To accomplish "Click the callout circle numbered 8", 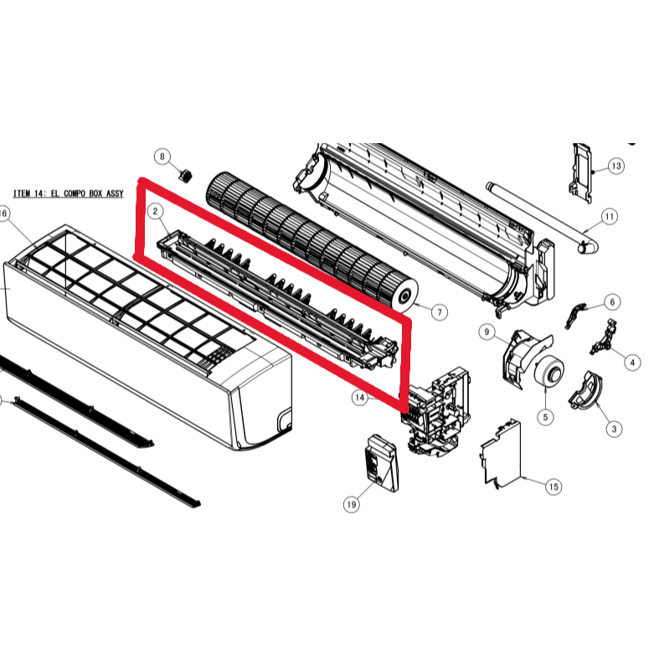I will click(x=162, y=157).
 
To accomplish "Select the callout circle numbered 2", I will click(x=155, y=212).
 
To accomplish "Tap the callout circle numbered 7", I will click(x=440, y=311).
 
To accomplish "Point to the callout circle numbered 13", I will click(x=615, y=166).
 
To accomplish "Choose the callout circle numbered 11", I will click(x=609, y=217).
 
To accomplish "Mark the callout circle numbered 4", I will click(x=632, y=363).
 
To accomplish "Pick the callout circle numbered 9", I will click(x=486, y=332).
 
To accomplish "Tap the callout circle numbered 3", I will click(x=615, y=429).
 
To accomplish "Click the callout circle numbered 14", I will click(x=360, y=398).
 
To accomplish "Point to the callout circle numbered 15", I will click(x=553, y=487).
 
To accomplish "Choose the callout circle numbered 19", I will click(x=351, y=504).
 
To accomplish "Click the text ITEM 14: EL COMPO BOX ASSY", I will click(x=70, y=193).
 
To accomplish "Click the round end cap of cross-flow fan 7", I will click(x=407, y=294).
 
